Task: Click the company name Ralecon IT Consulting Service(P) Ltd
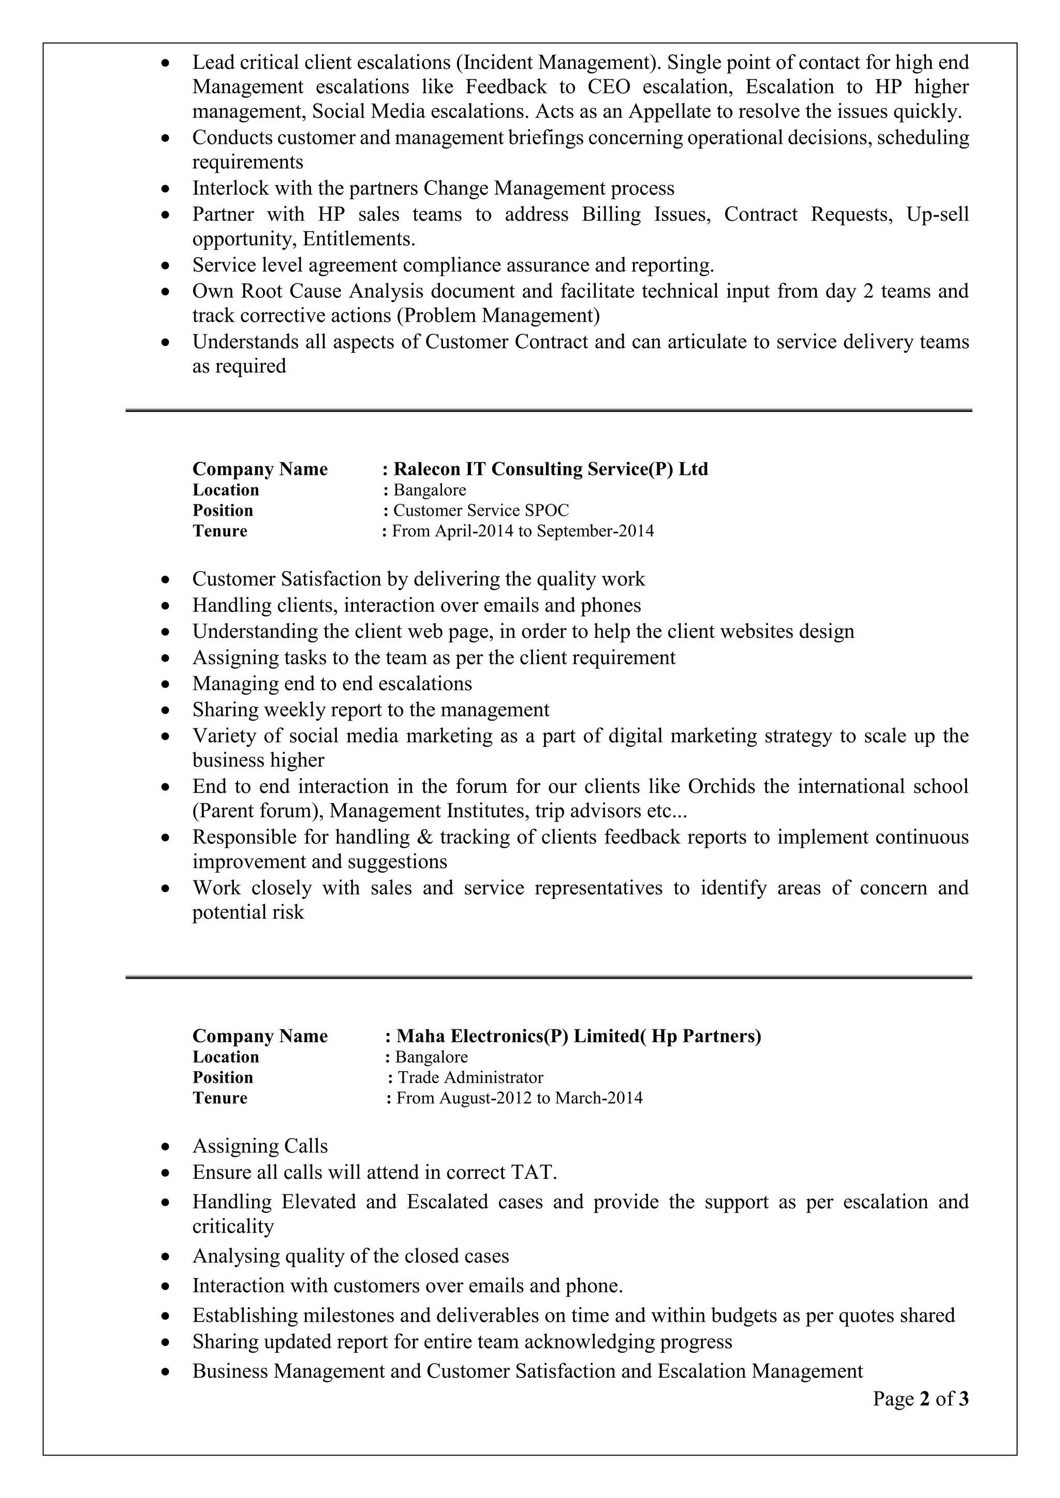(x=550, y=469)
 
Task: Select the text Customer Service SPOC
(x=480, y=510)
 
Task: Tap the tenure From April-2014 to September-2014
(x=522, y=531)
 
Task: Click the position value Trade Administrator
(x=470, y=1077)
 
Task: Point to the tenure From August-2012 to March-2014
(x=519, y=1098)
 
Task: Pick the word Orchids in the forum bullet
(x=723, y=786)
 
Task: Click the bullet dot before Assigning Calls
(x=167, y=1147)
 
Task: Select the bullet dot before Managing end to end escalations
(x=167, y=684)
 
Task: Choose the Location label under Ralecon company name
(x=225, y=490)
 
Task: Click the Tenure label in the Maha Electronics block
(x=219, y=1098)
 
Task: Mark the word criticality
(x=232, y=1226)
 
